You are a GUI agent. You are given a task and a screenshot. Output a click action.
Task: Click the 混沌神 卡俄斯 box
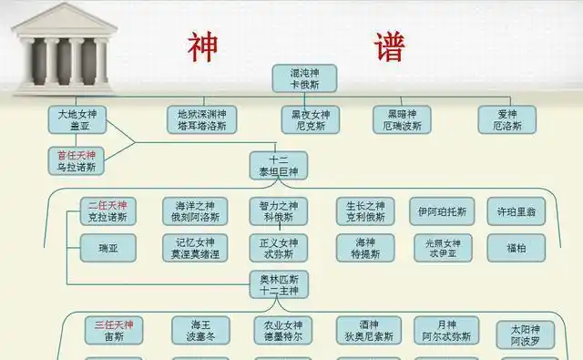(x=305, y=77)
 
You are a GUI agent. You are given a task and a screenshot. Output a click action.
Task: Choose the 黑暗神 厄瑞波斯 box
(x=402, y=119)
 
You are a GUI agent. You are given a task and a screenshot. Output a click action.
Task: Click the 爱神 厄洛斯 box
(x=507, y=119)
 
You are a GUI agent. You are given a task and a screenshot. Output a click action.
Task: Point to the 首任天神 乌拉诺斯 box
(x=77, y=161)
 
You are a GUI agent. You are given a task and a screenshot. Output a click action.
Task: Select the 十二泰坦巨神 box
(x=279, y=165)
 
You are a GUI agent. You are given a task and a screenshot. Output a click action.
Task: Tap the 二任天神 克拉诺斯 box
(x=107, y=211)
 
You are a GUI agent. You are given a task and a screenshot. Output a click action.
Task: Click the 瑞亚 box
(x=107, y=247)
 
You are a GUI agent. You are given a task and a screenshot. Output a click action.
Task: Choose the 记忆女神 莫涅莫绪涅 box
(x=195, y=248)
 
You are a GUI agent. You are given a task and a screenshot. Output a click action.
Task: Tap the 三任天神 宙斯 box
(x=114, y=330)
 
